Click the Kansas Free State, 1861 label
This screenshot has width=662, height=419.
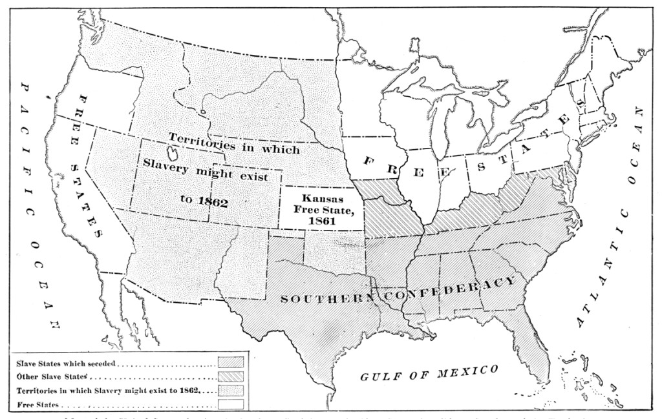point(321,207)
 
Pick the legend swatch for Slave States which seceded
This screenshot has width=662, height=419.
point(231,363)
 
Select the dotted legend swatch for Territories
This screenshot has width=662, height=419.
point(231,391)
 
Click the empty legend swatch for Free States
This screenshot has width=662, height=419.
point(231,405)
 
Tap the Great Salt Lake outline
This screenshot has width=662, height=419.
point(174,154)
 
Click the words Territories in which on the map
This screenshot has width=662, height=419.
point(234,143)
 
